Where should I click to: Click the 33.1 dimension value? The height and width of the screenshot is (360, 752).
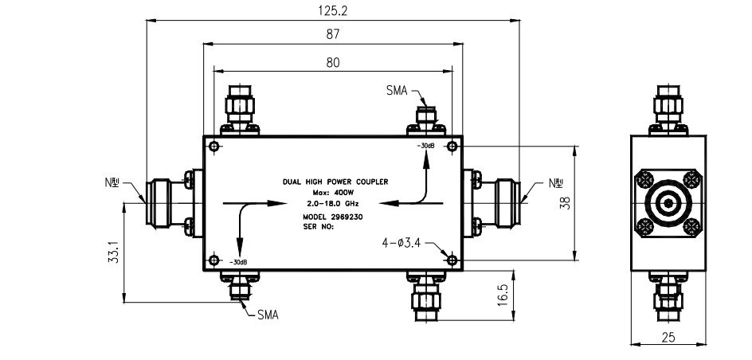[x=114, y=253]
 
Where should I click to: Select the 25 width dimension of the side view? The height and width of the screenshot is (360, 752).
[x=668, y=337]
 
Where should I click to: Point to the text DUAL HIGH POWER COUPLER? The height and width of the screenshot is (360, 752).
[x=335, y=182]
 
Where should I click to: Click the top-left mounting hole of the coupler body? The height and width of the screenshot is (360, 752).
[x=215, y=146]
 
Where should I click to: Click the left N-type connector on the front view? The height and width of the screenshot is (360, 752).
[x=157, y=202]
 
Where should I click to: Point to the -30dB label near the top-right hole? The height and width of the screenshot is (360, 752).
[x=424, y=147]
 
